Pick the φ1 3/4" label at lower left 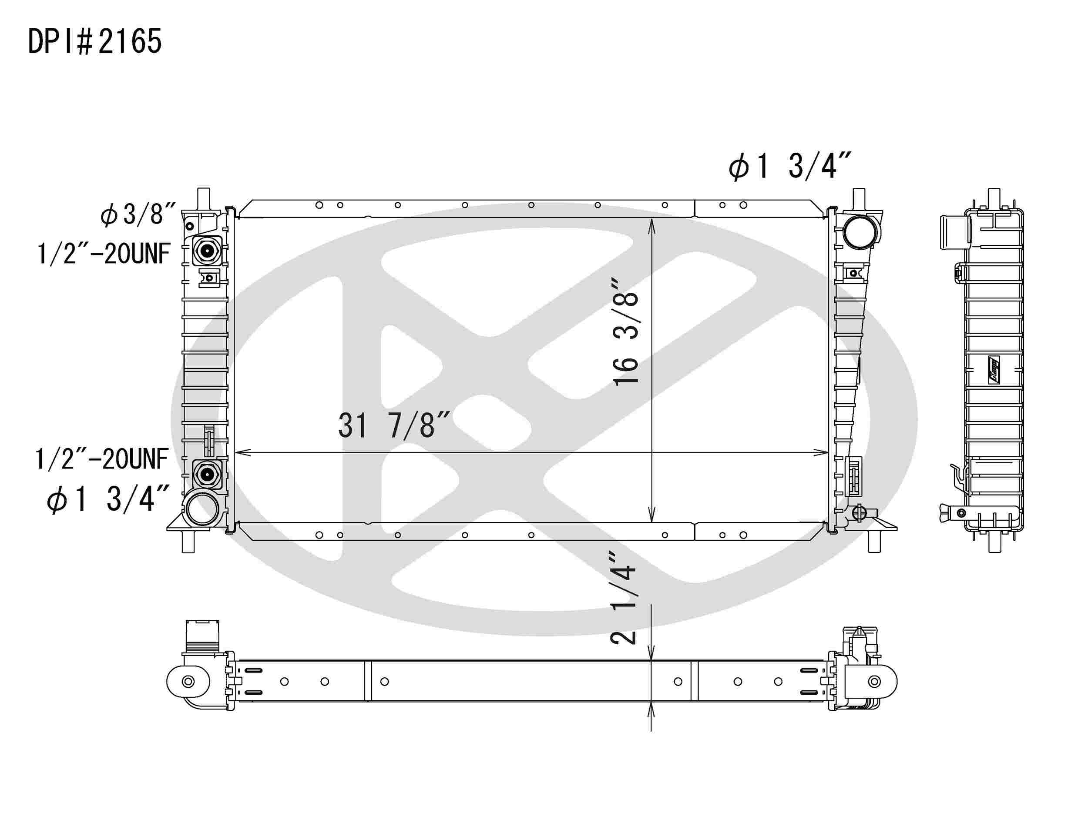107,499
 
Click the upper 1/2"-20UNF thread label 104,254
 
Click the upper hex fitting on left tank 207,251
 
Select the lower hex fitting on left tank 207,474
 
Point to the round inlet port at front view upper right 860,233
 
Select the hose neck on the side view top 955,232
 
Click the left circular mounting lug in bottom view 188,682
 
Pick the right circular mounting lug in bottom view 874,682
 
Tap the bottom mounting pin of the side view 994,543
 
